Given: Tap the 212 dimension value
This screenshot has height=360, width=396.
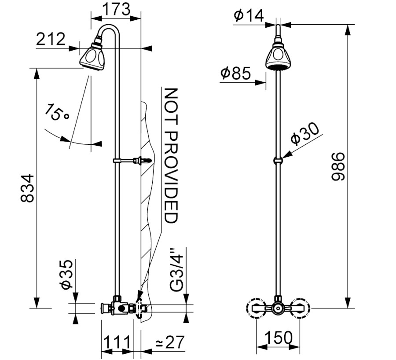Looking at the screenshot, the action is [x=51, y=39].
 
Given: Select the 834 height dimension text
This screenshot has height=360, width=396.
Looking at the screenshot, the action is [x=27, y=188].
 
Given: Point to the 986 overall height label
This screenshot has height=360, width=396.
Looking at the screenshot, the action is [x=338, y=166].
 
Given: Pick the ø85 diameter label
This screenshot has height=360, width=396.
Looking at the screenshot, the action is [x=236, y=73].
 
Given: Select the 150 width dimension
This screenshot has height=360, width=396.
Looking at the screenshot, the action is [x=279, y=338].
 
